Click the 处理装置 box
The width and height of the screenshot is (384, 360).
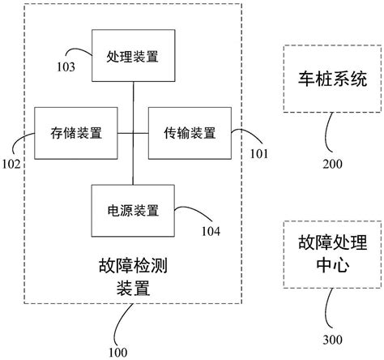[x=133, y=56]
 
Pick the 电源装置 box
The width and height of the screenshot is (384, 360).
[x=133, y=210]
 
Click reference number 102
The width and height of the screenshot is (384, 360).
[x=11, y=163]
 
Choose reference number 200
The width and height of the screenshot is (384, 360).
[x=332, y=164]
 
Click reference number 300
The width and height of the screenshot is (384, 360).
[x=332, y=339]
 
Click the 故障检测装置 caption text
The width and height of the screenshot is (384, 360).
[x=132, y=275]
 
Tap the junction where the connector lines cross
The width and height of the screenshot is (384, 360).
[x=133, y=132]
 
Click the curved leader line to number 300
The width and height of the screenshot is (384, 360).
[x=326, y=308]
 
